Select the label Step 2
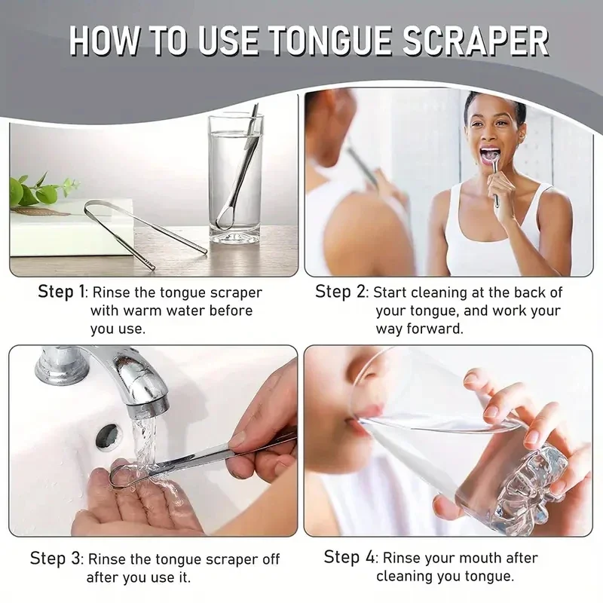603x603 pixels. (x=341, y=292)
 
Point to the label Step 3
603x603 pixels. (x=57, y=559)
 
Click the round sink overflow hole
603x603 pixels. (x=107, y=436)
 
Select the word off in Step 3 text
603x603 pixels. (x=268, y=559)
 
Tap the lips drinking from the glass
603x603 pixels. (x=367, y=413)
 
